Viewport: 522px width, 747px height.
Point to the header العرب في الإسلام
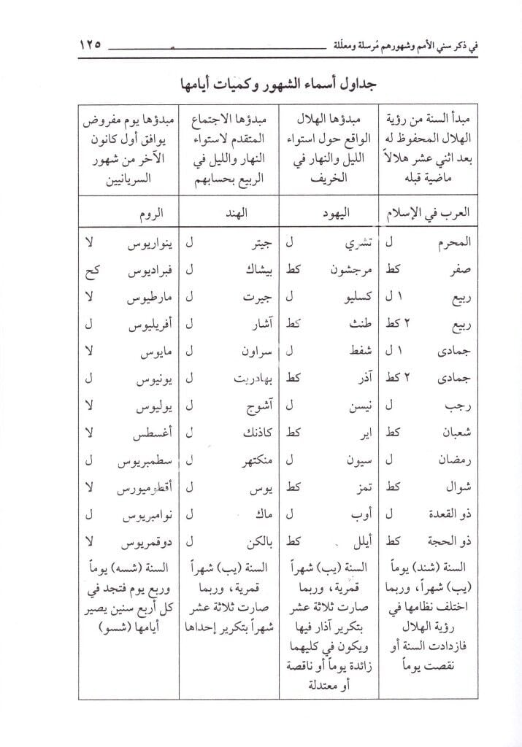tap(427, 213)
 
